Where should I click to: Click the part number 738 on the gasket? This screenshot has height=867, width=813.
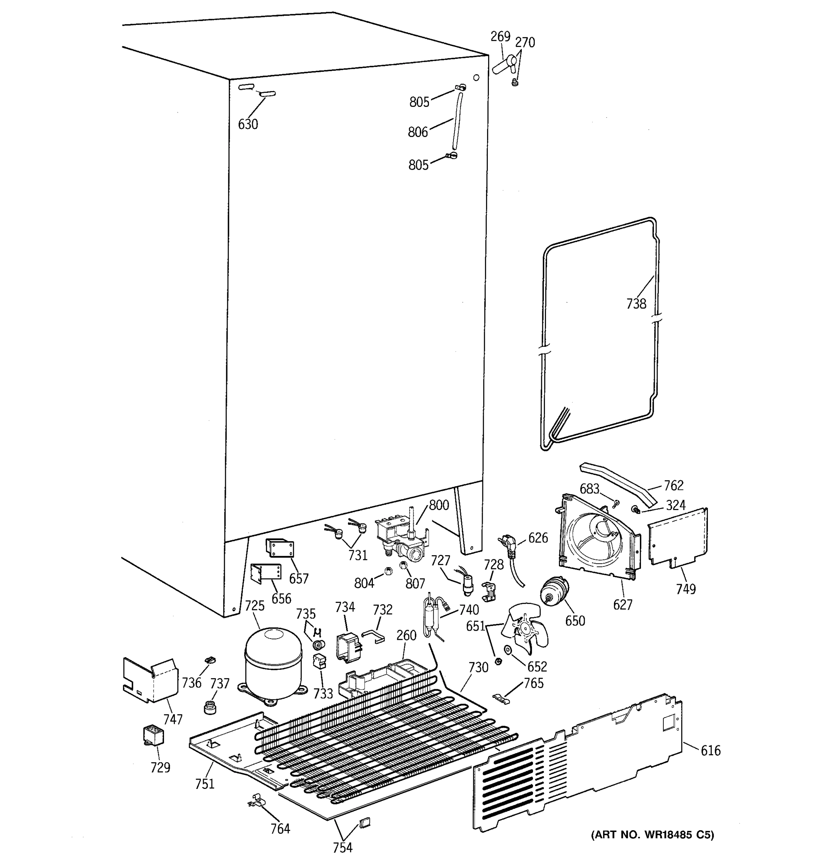pyautogui.click(x=636, y=303)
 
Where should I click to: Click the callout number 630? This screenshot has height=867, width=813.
pyautogui.click(x=248, y=124)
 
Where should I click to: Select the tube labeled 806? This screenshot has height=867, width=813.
pyautogui.click(x=457, y=121)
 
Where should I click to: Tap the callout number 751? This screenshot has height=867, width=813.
pyautogui.click(x=205, y=784)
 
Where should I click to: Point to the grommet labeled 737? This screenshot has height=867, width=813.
pyautogui.click(x=210, y=707)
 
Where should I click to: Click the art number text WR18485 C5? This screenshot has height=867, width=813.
pyautogui.click(x=653, y=835)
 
